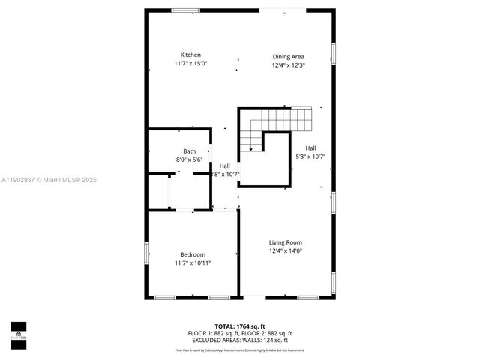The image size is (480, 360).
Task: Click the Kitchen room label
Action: pyautogui.click(x=190, y=55)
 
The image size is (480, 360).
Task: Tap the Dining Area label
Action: pyautogui.click(x=288, y=56)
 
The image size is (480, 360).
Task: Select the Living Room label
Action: pyautogui.click(x=286, y=242)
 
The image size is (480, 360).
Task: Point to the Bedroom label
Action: pyautogui.click(x=193, y=254)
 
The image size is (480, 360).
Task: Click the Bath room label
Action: pyautogui.click(x=189, y=151)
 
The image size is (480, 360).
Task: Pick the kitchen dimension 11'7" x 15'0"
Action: pyautogui.click(x=190, y=64)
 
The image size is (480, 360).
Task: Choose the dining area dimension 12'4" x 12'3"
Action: pyautogui.click(x=288, y=65)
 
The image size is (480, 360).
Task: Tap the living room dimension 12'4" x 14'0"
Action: pyautogui.click(x=286, y=251)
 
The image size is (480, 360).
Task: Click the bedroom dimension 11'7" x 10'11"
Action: pyautogui.click(x=193, y=263)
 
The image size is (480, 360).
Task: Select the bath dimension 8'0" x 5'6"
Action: pyautogui.click(x=189, y=160)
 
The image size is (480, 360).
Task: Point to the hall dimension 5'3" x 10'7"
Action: pyautogui.click(x=310, y=157)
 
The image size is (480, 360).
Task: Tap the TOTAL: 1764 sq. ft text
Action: pyautogui.click(x=239, y=325)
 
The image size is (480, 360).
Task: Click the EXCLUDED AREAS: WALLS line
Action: pyautogui.click(x=239, y=340)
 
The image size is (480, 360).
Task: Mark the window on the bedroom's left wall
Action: pyautogui.click(x=146, y=254)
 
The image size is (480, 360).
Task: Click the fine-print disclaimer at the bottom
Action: pyautogui.click(x=239, y=349)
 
